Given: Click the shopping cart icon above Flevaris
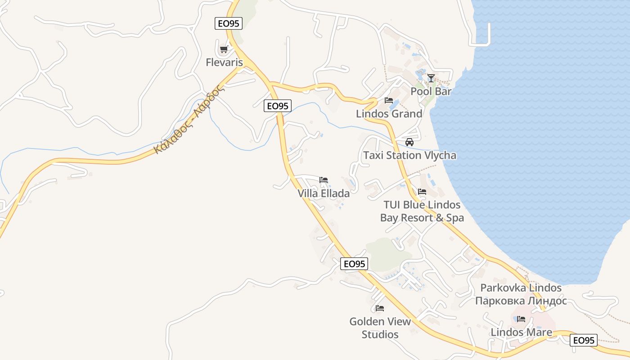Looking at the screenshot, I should (224, 49).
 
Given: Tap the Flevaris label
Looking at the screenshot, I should (224, 63).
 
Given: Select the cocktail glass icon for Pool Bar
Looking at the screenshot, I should (431, 78).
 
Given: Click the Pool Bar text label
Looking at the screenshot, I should (431, 91).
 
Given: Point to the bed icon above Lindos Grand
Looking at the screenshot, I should (389, 100).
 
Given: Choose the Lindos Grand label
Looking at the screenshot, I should (389, 114).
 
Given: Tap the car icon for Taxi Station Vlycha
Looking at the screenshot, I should (409, 142).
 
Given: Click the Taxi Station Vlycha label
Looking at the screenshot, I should (409, 156).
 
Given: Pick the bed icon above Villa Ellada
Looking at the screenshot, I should (324, 180).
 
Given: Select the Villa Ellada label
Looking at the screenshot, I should (324, 193).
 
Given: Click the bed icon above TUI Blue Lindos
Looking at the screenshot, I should (422, 192).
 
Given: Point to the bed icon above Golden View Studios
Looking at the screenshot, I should (380, 308).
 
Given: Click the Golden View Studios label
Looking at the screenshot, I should (380, 328).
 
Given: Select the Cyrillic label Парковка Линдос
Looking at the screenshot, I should (521, 301).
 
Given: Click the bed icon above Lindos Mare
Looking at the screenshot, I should (521, 319).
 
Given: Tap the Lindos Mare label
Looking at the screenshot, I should (521, 333).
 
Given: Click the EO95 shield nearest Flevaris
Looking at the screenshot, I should (229, 23).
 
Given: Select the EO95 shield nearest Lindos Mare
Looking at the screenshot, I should (584, 340).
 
